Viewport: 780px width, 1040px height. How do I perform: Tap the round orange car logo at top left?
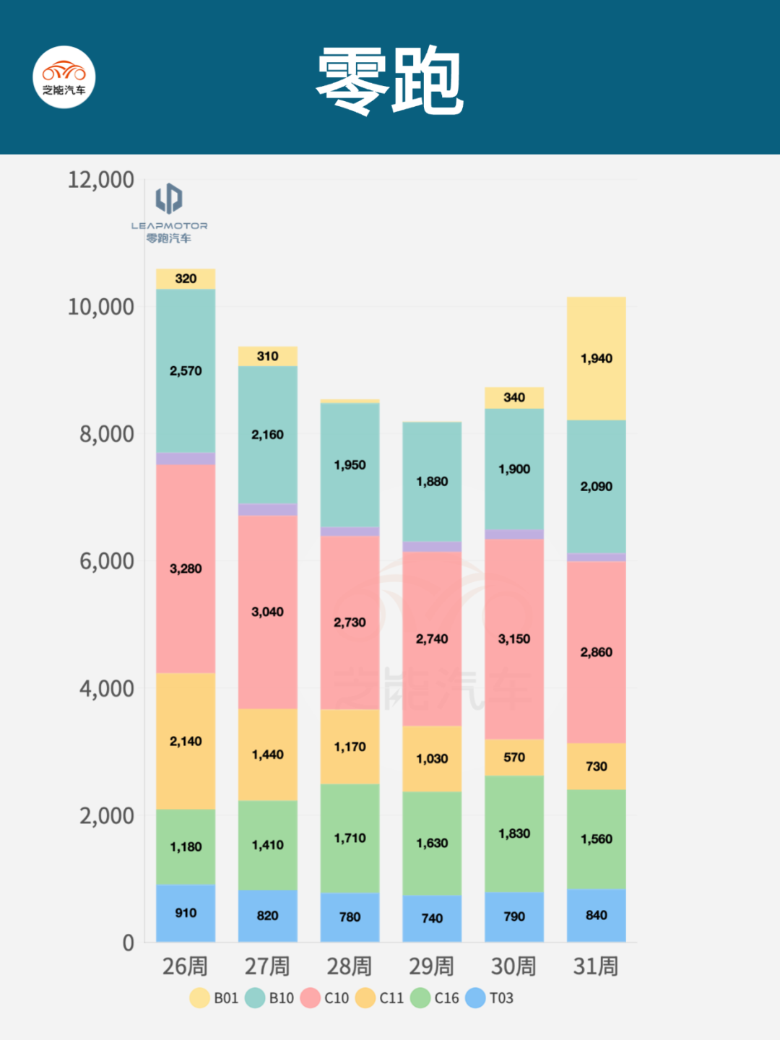click(64, 77)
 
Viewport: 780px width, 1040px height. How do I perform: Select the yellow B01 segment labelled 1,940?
click(596, 358)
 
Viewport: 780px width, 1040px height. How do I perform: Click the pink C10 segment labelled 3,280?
click(186, 568)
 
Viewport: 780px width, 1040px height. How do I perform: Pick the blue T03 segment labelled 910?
click(186, 913)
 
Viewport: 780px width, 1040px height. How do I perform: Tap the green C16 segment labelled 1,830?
click(514, 833)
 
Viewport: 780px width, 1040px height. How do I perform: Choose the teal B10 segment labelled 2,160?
click(267, 435)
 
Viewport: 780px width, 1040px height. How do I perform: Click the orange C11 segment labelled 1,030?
click(432, 758)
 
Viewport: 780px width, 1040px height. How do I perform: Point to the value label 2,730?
click(350, 623)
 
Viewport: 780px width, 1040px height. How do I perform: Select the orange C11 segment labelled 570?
click(514, 757)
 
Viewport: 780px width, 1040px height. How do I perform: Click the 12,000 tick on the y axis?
click(101, 180)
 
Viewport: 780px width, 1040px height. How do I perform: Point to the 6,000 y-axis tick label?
click(107, 561)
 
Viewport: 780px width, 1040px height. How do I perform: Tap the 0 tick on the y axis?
click(128, 942)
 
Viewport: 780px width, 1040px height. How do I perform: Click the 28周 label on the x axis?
click(350, 966)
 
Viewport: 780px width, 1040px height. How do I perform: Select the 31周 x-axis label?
click(596, 966)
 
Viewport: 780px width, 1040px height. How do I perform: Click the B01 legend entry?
click(214, 998)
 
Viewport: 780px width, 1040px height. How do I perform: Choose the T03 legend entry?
click(490, 998)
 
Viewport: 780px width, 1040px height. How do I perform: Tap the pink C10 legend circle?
click(311, 998)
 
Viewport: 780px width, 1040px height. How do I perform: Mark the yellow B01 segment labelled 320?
click(186, 279)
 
